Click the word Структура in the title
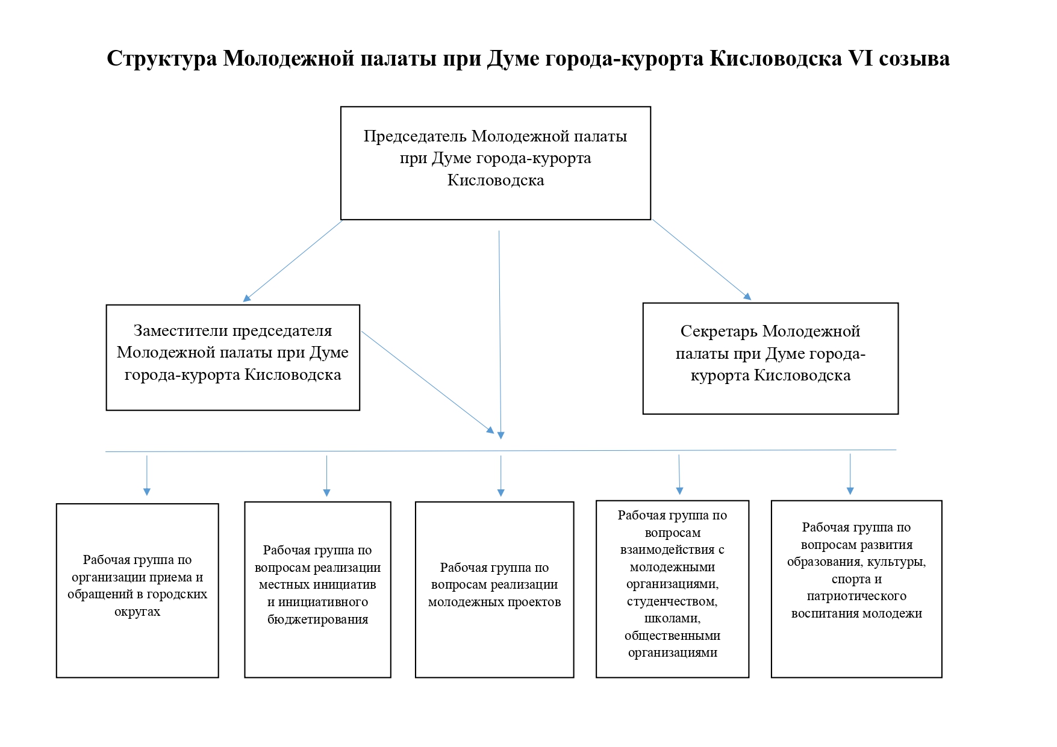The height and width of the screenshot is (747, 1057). (x=162, y=58)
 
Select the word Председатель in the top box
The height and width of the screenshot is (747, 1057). (x=415, y=136)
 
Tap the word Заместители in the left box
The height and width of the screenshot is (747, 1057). (x=181, y=330)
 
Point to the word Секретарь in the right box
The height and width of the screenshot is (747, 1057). (x=719, y=331)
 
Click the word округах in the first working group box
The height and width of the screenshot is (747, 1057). (x=137, y=612)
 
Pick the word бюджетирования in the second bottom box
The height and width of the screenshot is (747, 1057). (x=317, y=619)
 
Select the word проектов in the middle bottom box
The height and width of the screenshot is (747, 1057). (x=534, y=602)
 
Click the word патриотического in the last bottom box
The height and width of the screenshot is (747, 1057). (x=856, y=596)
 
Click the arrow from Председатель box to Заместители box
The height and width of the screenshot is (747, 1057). (x=293, y=261)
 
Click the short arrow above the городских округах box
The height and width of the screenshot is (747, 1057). (x=147, y=476)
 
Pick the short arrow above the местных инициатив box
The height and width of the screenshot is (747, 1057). (x=326, y=476)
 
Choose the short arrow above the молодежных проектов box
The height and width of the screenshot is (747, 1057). (x=500, y=476)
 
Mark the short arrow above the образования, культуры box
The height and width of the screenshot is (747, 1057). (x=850, y=474)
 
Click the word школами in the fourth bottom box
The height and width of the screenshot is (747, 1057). (x=672, y=618)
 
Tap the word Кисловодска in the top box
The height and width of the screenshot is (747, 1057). (x=496, y=180)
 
